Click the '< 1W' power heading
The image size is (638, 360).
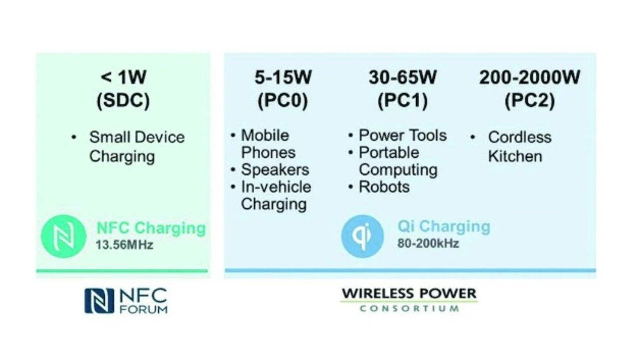124,77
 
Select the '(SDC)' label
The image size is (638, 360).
123,101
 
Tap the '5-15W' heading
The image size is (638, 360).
283,77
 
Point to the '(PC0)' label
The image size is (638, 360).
283,101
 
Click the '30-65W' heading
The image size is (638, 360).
403,77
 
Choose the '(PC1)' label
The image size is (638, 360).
402,101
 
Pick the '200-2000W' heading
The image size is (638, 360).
530,77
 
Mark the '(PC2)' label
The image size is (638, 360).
530,101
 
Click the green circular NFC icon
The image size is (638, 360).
63,236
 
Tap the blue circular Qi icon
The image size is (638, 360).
362,236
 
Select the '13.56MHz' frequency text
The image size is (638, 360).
124,245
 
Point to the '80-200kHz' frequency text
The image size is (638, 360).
428,243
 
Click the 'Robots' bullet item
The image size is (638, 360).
384,187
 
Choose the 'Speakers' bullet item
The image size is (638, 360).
275,170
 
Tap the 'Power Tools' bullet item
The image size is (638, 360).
402,135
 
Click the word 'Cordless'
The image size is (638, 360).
520,137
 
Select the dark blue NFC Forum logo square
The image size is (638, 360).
99,301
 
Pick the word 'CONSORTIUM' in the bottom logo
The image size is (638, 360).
409,309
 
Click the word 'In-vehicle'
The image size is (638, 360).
276,187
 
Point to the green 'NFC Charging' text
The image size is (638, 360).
151,228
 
